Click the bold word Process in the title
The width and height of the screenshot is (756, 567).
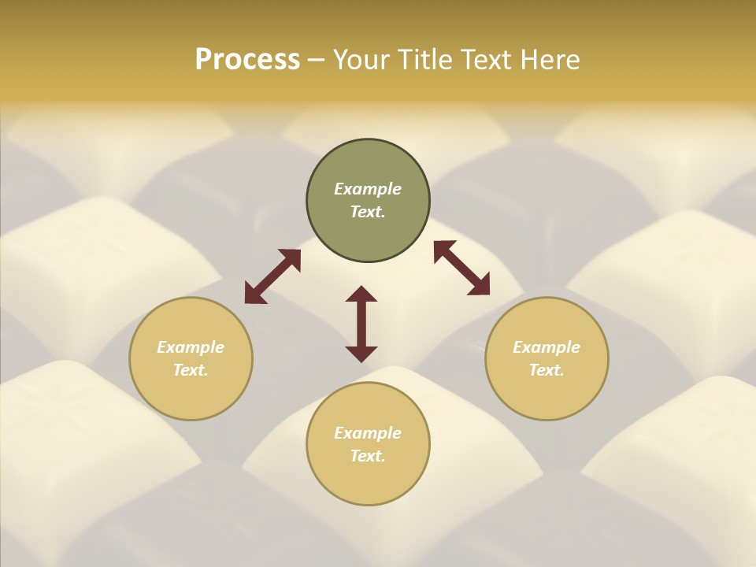(x=247, y=59)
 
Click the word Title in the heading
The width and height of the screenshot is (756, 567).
(x=424, y=59)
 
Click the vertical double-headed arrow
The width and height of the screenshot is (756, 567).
(x=361, y=324)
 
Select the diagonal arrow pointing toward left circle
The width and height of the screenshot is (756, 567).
(x=272, y=276)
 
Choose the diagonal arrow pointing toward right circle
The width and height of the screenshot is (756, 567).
(x=461, y=268)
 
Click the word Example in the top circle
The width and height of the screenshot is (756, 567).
(x=368, y=189)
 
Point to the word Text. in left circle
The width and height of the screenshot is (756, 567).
(x=191, y=370)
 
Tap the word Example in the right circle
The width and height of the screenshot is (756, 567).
(x=547, y=347)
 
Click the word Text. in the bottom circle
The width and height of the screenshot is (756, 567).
(x=368, y=456)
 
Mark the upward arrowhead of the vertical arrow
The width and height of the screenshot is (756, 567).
(x=361, y=294)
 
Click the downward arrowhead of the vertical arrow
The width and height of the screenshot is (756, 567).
(x=361, y=354)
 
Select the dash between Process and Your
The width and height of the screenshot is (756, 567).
(x=316, y=60)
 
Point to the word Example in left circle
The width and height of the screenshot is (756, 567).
(x=191, y=347)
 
